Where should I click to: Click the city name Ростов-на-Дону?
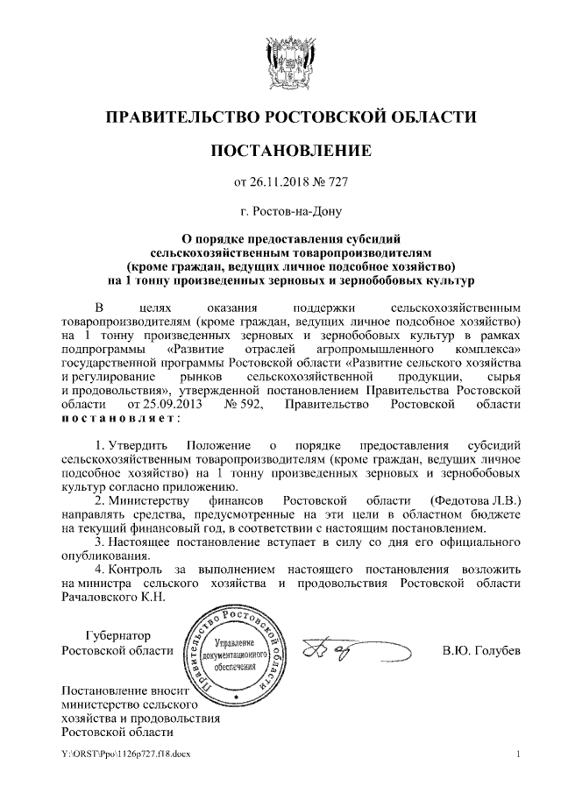291,211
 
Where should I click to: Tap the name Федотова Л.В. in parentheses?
476,499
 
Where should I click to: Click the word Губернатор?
118,635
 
